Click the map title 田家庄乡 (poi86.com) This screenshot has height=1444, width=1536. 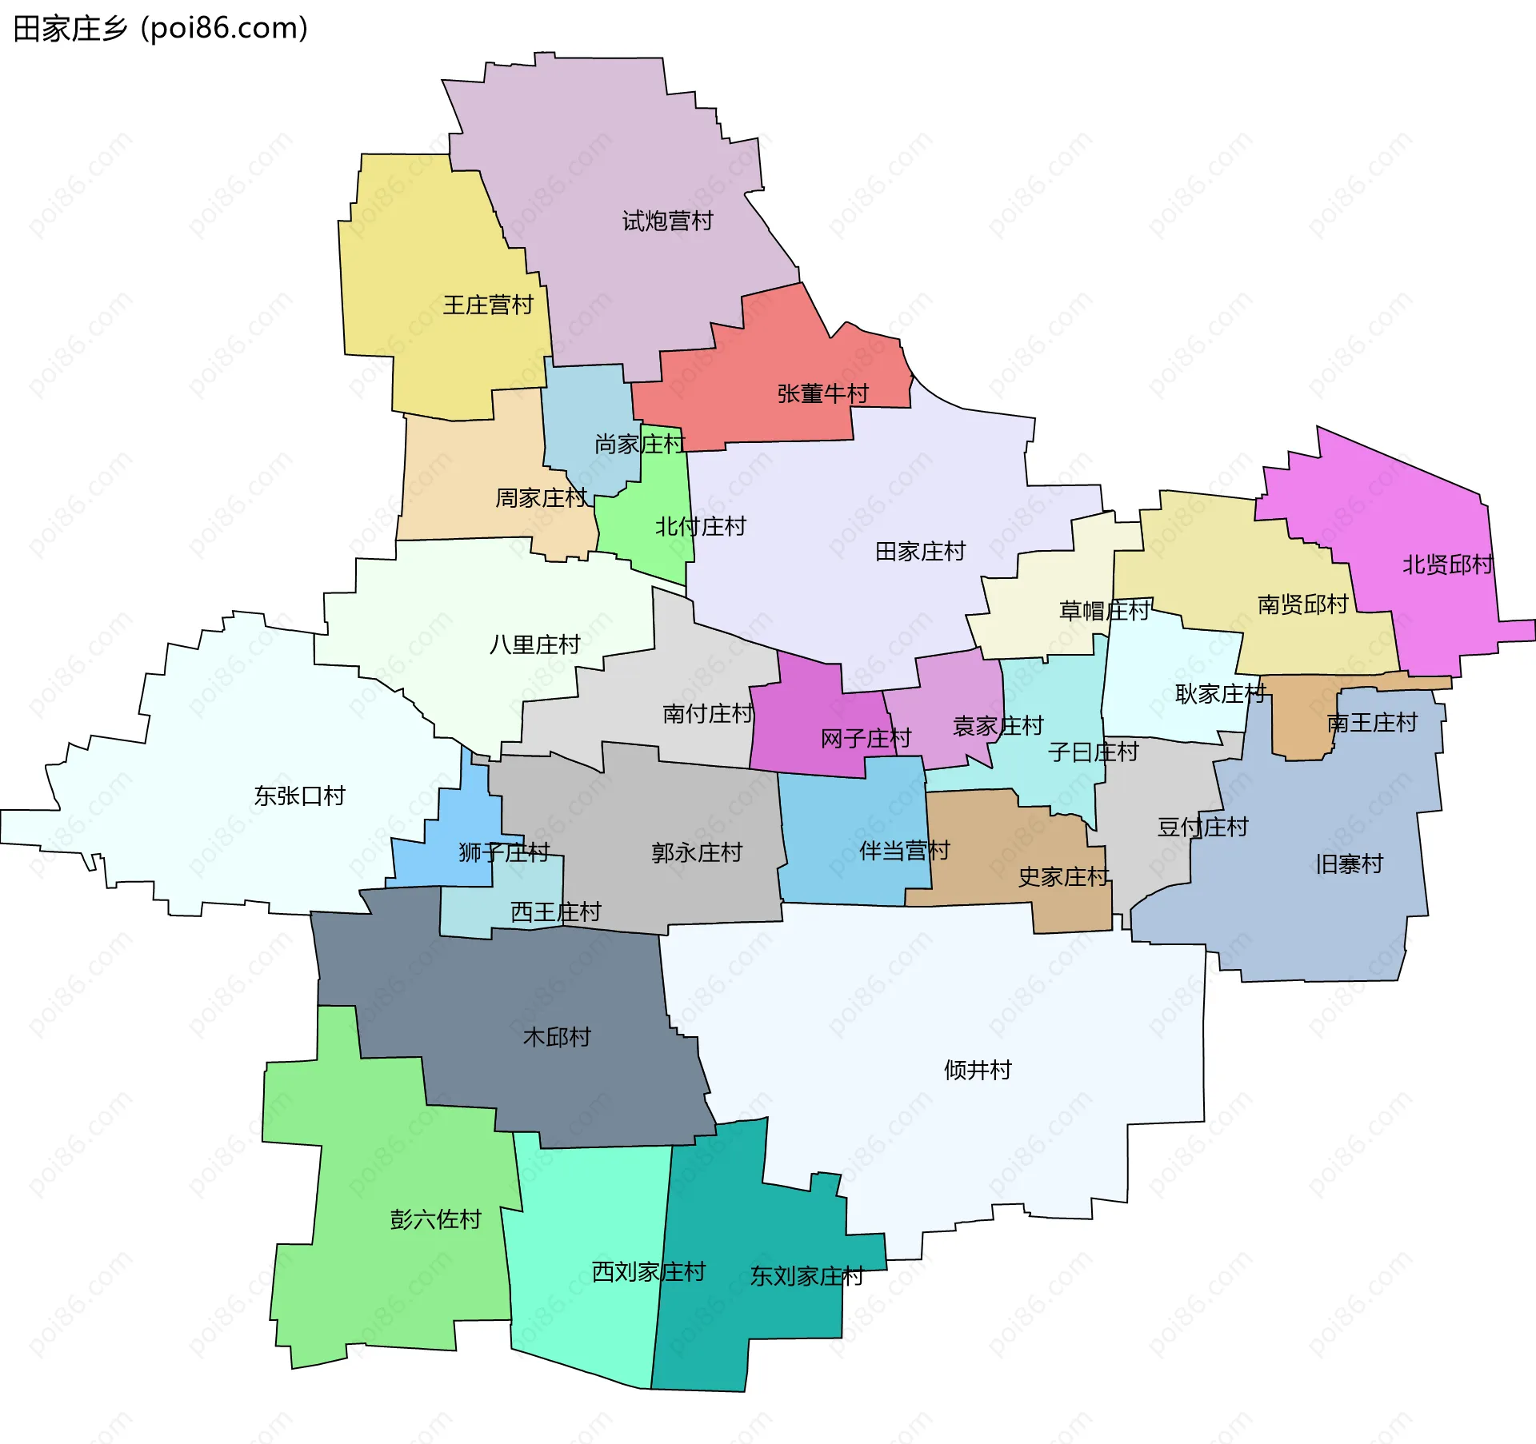pos(160,29)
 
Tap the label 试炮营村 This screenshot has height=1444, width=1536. pos(667,221)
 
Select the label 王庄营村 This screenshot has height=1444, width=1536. pos(488,305)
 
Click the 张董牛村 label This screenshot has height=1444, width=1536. pos(822,393)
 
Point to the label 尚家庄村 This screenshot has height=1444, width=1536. pos(639,444)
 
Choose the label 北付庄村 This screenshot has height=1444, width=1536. pos(700,526)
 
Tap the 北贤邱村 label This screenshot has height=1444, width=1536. pos(1447,564)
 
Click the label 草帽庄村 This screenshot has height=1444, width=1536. pos(1104,611)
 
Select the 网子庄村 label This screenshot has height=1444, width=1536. pos(866,738)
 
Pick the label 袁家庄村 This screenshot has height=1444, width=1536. pos(998,726)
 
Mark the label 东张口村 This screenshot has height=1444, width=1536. pos(299,796)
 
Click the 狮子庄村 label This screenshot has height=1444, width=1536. pos(504,852)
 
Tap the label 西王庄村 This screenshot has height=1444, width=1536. pos(555,911)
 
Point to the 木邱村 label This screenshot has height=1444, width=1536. pos(557,1037)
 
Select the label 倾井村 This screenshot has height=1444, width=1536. pos(978,1070)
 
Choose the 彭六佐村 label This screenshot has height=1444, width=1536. pos(435,1219)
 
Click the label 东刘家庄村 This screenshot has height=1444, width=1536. pos(806,1276)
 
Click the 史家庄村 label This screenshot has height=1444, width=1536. pos(1063,877)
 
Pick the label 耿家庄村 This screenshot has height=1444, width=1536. pos(1220,694)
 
